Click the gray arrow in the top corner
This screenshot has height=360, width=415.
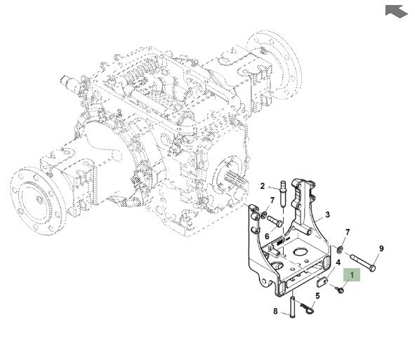click(x=395, y=11)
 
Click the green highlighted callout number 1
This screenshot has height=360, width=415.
click(x=352, y=275)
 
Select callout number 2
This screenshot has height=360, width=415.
click(x=263, y=186)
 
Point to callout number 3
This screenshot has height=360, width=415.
click(x=328, y=215)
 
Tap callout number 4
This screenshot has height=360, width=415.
click(x=338, y=262)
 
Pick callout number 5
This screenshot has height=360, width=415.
click(x=317, y=295)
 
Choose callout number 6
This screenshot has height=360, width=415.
click(x=267, y=236)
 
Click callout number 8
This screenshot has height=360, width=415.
click(x=275, y=312)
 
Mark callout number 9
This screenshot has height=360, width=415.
click(x=381, y=248)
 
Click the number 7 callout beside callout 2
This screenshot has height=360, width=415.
click(x=272, y=201)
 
